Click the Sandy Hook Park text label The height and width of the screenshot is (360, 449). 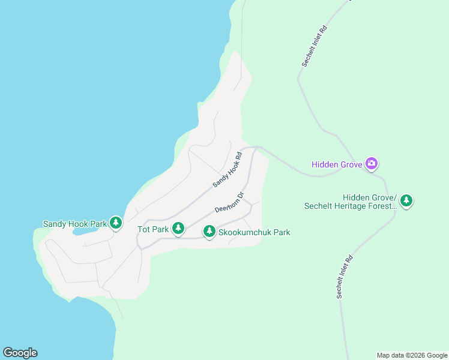tap(74, 224)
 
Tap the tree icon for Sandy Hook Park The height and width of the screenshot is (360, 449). tap(116, 224)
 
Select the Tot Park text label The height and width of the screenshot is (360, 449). tap(152, 229)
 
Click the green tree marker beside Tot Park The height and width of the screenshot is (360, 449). tap(178, 228)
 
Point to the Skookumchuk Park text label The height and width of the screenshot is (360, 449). tap(255, 232)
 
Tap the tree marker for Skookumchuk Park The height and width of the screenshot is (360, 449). tap(209, 231)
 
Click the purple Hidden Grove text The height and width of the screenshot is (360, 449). tap(337, 164)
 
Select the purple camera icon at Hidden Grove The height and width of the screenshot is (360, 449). tap(372, 163)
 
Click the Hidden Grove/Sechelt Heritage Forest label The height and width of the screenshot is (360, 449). tap(351, 202)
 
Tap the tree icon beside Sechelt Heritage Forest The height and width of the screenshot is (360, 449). tap(406, 200)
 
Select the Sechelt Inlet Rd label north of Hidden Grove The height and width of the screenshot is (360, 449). tap(314, 46)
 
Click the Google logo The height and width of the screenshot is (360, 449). tap(20, 353)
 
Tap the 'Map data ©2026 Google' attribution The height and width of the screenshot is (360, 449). tap(412, 355)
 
